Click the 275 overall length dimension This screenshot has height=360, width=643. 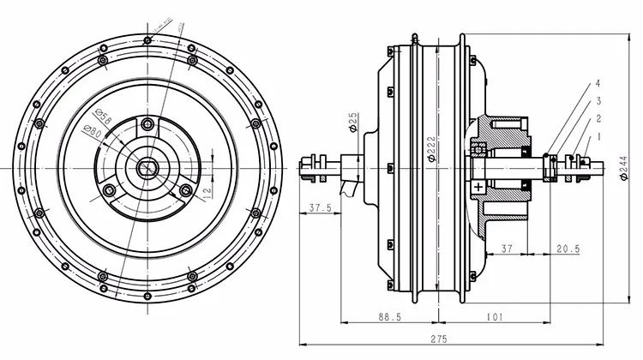pyautogui.click(x=438, y=339)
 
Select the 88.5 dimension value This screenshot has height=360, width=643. pyautogui.click(x=388, y=316)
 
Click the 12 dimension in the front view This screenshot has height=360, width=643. pyautogui.click(x=207, y=189)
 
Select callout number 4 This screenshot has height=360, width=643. pyautogui.click(x=598, y=84)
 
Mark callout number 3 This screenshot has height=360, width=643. pyautogui.click(x=598, y=101)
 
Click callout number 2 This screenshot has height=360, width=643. pyautogui.click(x=598, y=118)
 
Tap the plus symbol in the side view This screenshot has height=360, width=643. pyautogui.click(x=478, y=185)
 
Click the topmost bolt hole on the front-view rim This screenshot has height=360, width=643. pyautogui.click(x=147, y=39)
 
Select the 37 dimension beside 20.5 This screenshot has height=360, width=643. pyautogui.click(x=507, y=249)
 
